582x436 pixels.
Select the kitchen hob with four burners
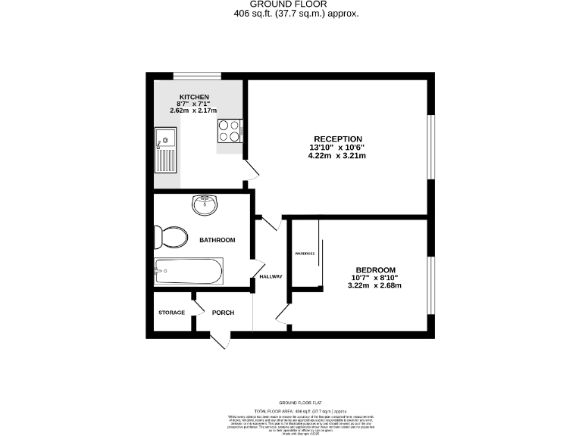[x=230, y=132]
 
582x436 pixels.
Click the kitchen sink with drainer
[x=165, y=150]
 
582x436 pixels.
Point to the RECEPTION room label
[x=337, y=138]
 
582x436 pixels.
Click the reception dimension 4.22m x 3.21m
[x=337, y=156]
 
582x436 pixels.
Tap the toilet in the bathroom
[x=171, y=237]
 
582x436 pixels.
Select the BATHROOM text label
[x=217, y=240]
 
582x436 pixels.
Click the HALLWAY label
[x=271, y=276]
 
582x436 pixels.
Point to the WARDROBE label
[x=305, y=254]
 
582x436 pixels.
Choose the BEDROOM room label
[x=376, y=270]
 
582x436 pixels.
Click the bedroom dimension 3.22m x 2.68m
[x=374, y=285]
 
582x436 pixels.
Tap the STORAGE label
[x=171, y=313]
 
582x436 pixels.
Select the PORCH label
[x=223, y=313]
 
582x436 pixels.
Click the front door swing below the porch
[x=220, y=340]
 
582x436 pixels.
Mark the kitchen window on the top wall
[x=197, y=75]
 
